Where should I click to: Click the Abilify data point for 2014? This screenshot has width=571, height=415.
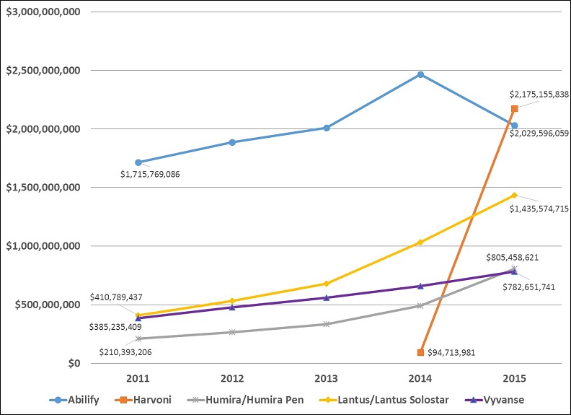coord(420,74)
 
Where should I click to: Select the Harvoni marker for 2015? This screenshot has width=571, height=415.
coord(514,109)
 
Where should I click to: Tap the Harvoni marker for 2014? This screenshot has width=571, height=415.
coord(420,352)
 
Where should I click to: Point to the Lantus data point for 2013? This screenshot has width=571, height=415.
coord(326,284)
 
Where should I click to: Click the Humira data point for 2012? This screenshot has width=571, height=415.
coord(231,332)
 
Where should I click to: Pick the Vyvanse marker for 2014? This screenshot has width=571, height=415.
coord(420,286)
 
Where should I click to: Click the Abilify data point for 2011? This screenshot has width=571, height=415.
coord(138,162)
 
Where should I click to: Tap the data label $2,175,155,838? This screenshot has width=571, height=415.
coord(539,94)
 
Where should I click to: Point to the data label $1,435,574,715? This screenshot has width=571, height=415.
coord(539,208)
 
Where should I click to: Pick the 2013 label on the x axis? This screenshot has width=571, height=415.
coord(326,379)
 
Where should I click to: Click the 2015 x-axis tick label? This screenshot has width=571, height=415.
coord(514,379)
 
